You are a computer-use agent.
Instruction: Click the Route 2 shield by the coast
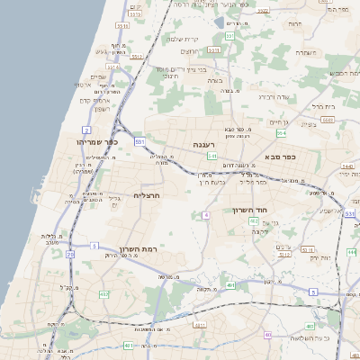(x=87, y=130)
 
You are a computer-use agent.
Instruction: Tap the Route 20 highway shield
(x=70, y=255)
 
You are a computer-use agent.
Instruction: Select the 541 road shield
(x=212, y=156)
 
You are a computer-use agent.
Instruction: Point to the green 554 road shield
(x=281, y=133)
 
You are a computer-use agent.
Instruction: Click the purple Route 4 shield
(x=205, y=215)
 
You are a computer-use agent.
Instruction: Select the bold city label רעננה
(x=203, y=144)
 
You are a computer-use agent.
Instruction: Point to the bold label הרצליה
(x=146, y=194)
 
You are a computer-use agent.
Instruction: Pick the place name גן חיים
(x=279, y=121)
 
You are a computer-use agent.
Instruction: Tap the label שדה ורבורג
(x=273, y=95)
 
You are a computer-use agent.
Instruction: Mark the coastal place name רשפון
(x=101, y=109)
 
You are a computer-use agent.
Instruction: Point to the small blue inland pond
(x=220, y=21)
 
